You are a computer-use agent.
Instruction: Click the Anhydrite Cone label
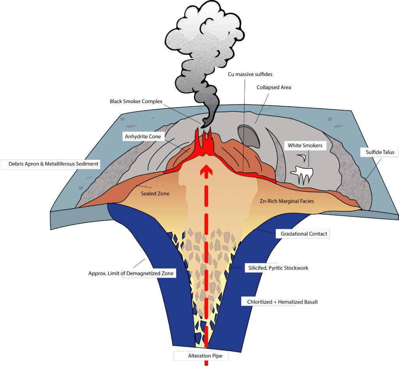coord(142,137)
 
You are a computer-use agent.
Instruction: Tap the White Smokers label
coord(305,146)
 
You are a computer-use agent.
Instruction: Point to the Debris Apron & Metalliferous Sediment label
coord(54,164)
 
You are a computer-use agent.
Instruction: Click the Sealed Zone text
coord(155,193)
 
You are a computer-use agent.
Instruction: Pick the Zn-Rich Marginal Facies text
coord(286,201)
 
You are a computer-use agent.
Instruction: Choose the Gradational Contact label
coord(304,234)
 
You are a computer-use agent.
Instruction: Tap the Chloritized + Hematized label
coord(269,302)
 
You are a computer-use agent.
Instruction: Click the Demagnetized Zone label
coord(147,273)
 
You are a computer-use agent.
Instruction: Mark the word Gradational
coord(295,234)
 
